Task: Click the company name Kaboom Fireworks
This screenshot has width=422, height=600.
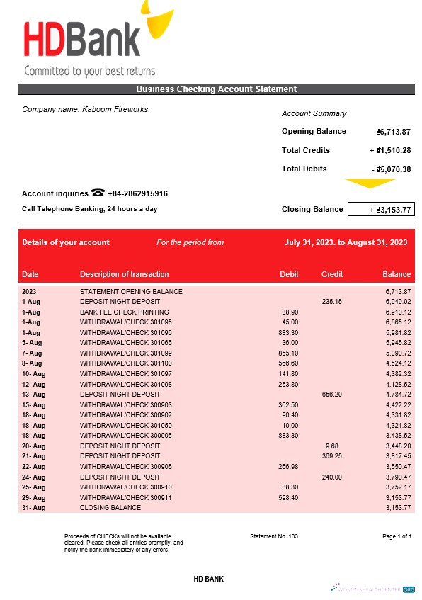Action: pyautogui.click(x=85, y=109)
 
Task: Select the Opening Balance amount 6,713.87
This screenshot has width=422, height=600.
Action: pyautogui.click(x=394, y=132)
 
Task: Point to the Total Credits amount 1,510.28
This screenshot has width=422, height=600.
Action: pyautogui.click(x=391, y=150)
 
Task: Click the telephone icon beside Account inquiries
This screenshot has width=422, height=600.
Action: pyautogui.click(x=98, y=193)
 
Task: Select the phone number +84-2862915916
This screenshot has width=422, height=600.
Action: pyautogui.click(x=137, y=193)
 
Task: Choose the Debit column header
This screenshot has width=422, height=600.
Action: pyautogui.click(x=289, y=274)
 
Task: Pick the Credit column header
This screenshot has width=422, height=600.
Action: pyautogui.click(x=331, y=274)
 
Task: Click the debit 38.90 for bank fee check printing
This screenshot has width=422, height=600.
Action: pyautogui.click(x=290, y=312)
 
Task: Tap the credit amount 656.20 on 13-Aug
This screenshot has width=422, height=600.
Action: pyautogui.click(x=331, y=394)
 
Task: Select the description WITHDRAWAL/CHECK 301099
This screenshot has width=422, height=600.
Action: pyautogui.click(x=125, y=353)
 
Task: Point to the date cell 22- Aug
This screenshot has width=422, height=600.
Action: pyautogui.click(x=33, y=467)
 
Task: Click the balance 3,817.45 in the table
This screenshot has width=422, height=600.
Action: pyautogui.click(x=397, y=456)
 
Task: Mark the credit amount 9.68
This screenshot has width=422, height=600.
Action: pyautogui.click(x=331, y=446)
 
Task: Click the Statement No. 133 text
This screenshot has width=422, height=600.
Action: pyautogui.click(x=274, y=536)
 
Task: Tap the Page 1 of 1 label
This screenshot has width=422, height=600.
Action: pyautogui.click(x=397, y=536)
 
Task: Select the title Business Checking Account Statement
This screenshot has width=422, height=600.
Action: pyautogui.click(x=216, y=89)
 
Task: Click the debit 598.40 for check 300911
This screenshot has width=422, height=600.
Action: pyautogui.click(x=288, y=497)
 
